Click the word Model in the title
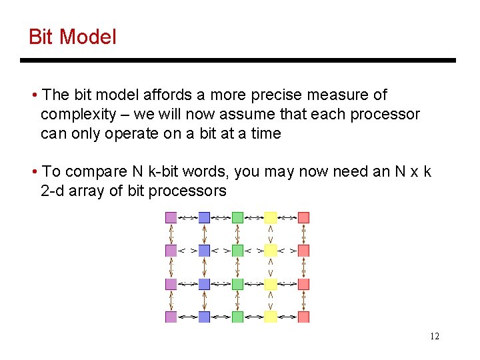coord(88,37)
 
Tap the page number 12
coord(434,336)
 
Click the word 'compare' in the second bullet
coord(97,172)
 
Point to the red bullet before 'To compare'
coord(34,172)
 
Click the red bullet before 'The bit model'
coord(34,95)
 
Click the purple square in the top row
coord(171,217)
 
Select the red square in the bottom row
coord(303,317)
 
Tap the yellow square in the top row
coord(270,217)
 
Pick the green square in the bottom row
coord(237,317)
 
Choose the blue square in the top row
coord(204,217)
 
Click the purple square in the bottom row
coord(171,317)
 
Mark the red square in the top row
coord(303,217)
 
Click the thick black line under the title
coord(238,61)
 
